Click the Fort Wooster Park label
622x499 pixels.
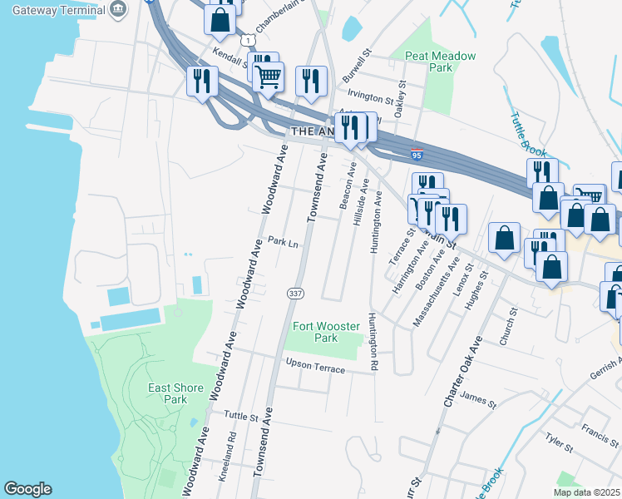(x=315, y=332)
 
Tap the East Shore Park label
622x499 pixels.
(x=167, y=393)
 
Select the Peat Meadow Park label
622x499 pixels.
(x=440, y=62)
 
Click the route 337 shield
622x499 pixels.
(x=294, y=293)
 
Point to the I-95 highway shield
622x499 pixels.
(x=417, y=155)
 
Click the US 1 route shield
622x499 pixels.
(x=246, y=39)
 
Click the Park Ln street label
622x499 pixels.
(x=283, y=242)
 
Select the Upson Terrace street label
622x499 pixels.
(x=314, y=366)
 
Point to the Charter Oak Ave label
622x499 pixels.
(x=462, y=372)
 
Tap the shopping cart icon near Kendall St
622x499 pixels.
(x=268, y=77)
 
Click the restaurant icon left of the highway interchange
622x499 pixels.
(x=202, y=81)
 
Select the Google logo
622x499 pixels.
(x=27, y=489)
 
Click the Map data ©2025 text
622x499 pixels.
(x=586, y=492)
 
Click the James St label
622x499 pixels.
(x=477, y=402)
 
